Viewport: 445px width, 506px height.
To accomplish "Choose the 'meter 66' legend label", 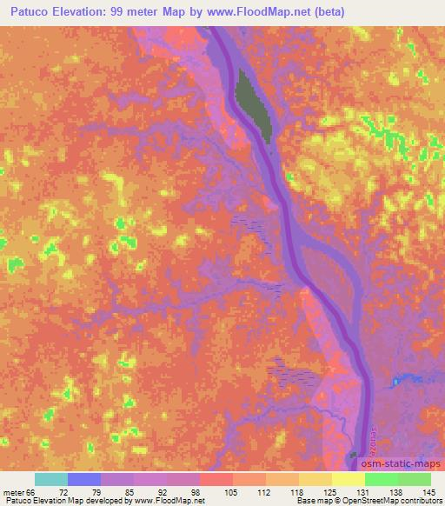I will pos(17,492).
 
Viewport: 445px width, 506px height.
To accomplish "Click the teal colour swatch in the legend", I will pos(50,479).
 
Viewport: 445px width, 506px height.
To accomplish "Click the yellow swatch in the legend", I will pos(348,479).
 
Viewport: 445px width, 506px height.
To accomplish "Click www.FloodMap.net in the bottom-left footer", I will pos(169,502).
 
